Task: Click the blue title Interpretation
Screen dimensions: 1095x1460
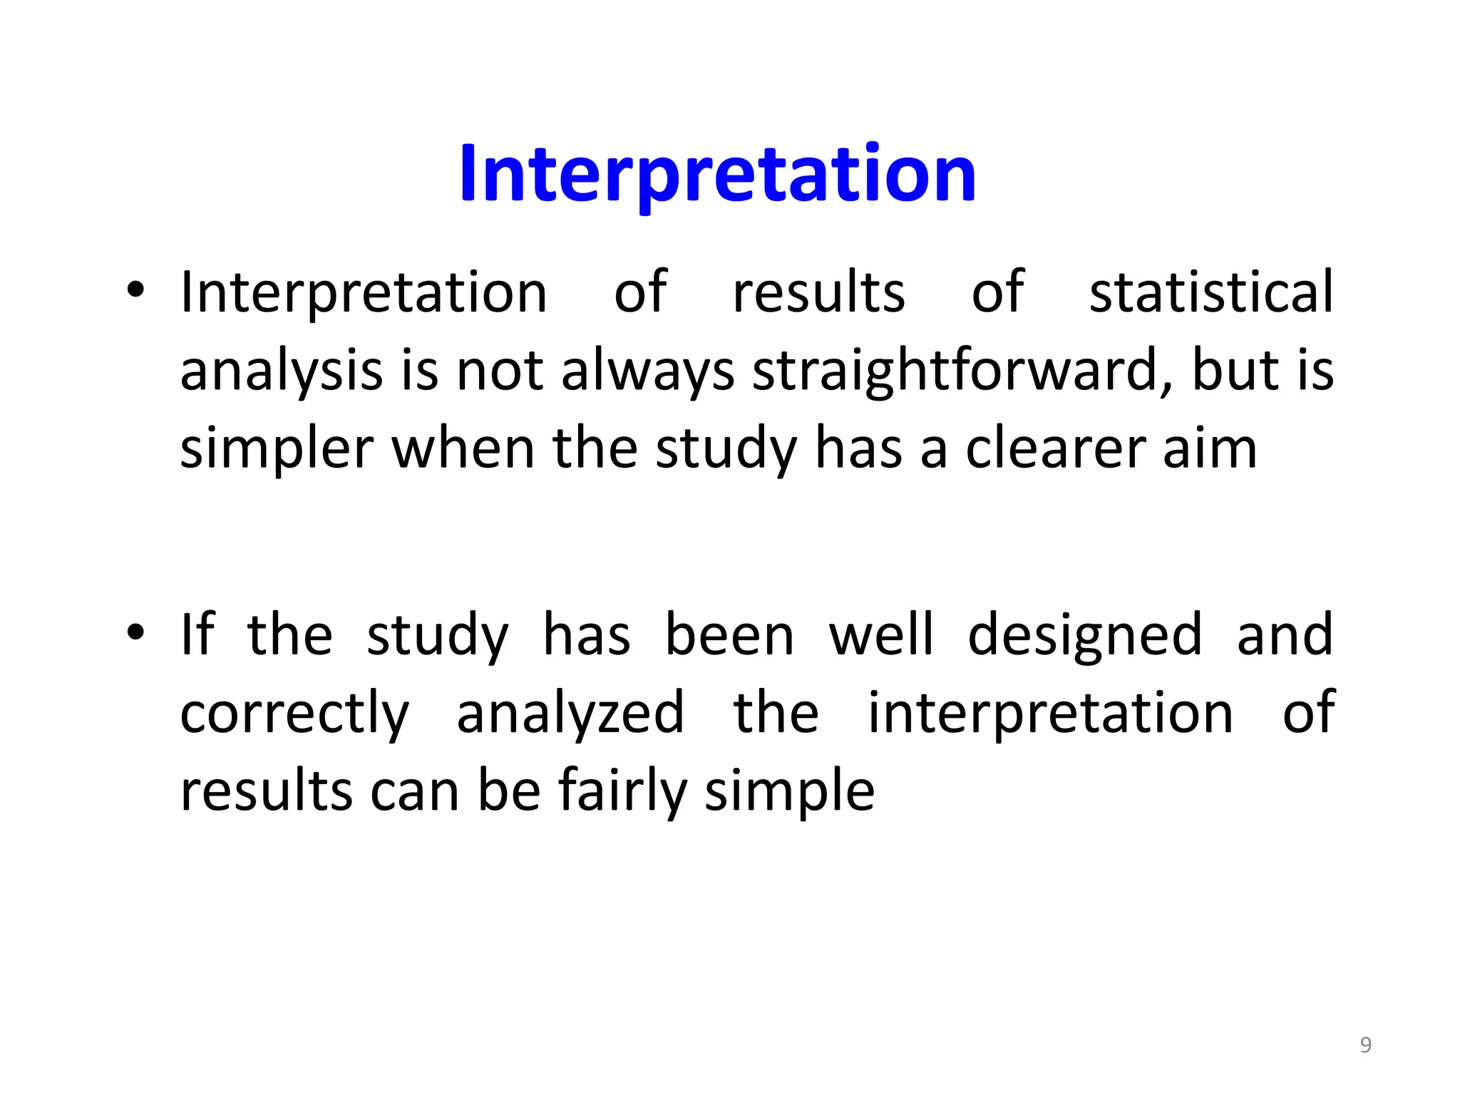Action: [717, 173]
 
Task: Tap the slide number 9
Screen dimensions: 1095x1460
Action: [1365, 1045]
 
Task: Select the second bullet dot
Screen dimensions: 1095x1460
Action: [135, 632]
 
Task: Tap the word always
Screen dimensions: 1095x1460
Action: [647, 372]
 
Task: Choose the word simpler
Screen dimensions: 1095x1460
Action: [277, 450]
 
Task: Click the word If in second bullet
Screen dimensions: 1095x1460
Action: [197, 634]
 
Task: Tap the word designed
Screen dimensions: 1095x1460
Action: [1084, 635]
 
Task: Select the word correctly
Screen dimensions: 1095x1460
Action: [294, 714]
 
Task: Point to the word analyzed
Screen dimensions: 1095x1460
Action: [570, 714]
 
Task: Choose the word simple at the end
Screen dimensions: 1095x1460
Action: [789, 791]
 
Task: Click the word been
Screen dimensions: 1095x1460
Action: [729, 634]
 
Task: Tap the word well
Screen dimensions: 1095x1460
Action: [880, 634]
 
